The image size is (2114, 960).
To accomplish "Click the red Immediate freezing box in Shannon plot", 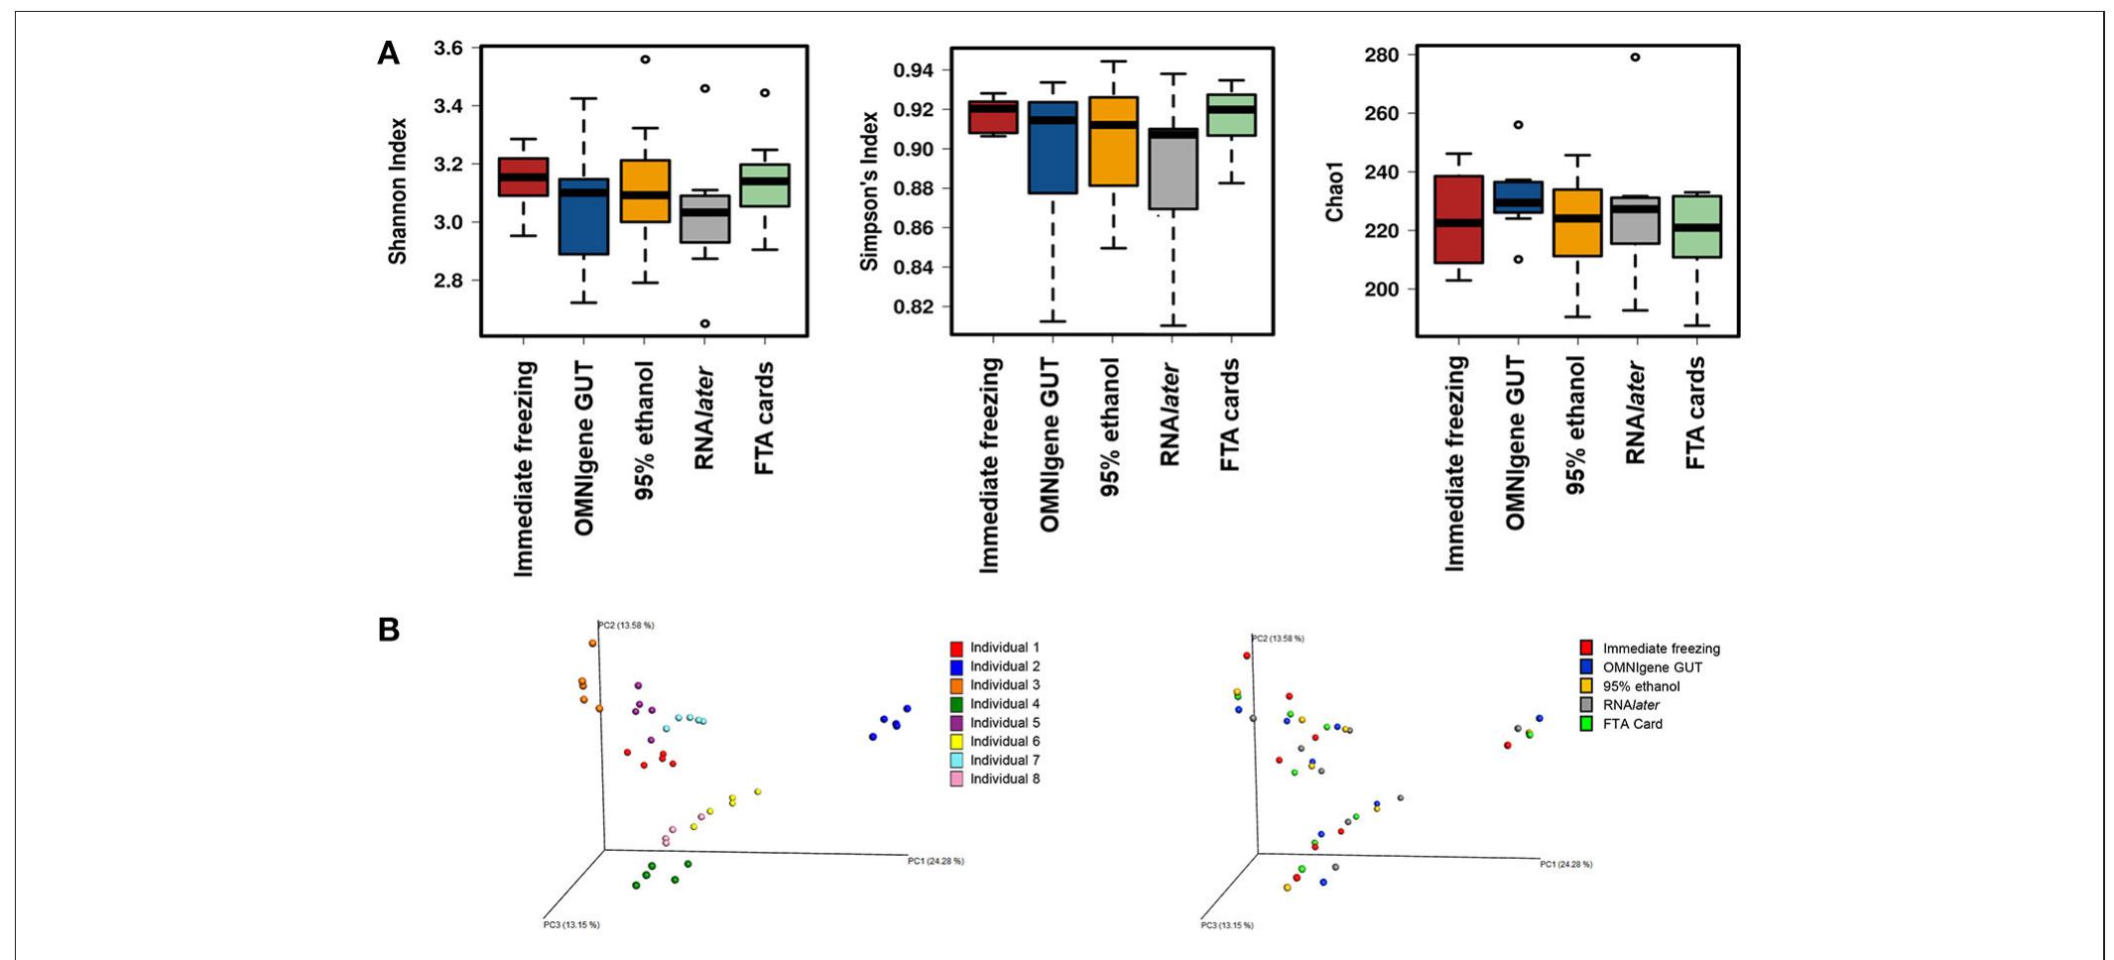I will pyautogui.click(x=523, y=177).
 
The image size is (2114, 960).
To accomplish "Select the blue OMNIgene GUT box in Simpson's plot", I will pyautogui.click(x=1053, y=148).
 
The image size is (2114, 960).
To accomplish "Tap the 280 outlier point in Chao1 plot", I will pyautogui.click(x=1635, y=57).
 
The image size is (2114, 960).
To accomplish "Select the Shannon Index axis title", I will pyautogui.click(x=398, y=191).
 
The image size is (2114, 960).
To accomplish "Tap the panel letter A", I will pyautogui.click(x=388, y=54).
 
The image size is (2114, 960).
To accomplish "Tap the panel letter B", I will pyautogui.click(x=389, y=630).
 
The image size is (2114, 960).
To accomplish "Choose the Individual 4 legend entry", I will pyautogui.click(x=1004, y=704).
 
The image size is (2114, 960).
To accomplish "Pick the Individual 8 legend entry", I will pyautogui.click(x=1004, y=780).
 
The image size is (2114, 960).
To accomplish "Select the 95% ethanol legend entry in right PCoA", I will pyautogui.click(x=1640, y=686).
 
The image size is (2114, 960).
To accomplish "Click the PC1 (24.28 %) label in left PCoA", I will pyautogui.click(x=934, y=861).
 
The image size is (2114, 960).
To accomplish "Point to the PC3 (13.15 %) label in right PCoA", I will pyautogui.click(x=1226, y=925).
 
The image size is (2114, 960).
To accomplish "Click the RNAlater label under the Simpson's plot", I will pyautogui.click(x=1171, y=415).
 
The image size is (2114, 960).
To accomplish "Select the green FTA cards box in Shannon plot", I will pyautogui.click(x=765, y=185).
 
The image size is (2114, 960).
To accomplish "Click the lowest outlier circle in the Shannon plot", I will pyautogui.click(x=704, y=323).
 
